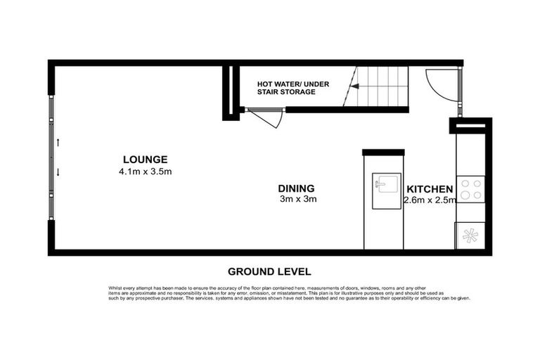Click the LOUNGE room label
click(145, 159)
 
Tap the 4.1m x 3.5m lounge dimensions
click(146, 171)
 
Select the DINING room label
click(296, 188)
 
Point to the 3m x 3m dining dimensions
click(298, 199)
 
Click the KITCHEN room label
click(429, 189)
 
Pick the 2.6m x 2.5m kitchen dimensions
click(430, 200)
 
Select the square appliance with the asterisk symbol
click(470, 235)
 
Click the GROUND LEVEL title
click(269, 271)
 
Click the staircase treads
click(383, 86)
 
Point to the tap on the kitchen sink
click(380, 184)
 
